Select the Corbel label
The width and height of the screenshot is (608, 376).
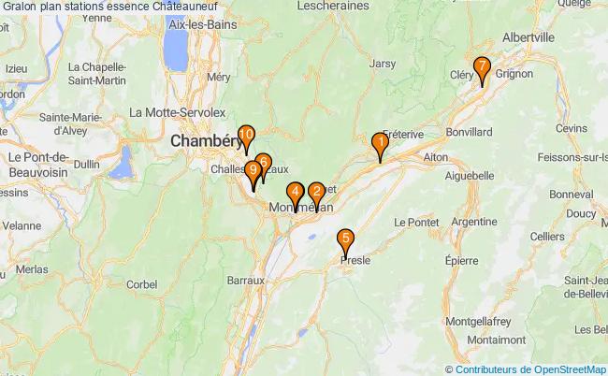click(141, 283)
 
